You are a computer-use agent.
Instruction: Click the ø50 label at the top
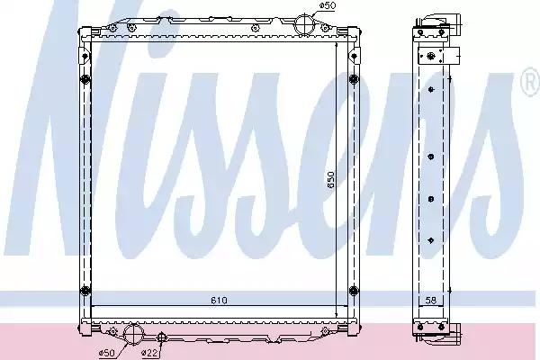(x=328, y=5)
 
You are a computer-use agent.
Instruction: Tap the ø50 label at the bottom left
(x=107, y=353)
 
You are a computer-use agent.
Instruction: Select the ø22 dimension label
(x=149, y=353)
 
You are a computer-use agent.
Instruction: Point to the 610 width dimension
(x=219, y=301)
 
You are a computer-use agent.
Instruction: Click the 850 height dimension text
(x=331, y=180)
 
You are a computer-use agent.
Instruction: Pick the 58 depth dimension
(x=431, y=301)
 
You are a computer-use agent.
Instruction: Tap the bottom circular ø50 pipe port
(x=132, y=334)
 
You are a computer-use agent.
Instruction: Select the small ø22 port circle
(x=161, y=337)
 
